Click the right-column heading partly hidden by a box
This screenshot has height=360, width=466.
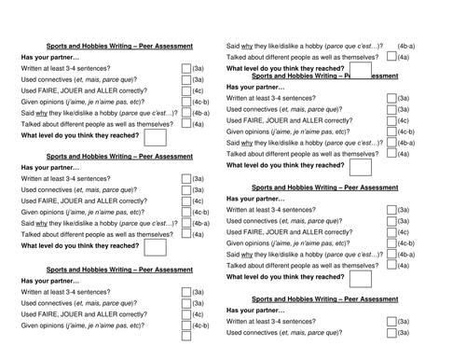(x=320, y=76)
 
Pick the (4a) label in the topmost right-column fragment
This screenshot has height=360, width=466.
(x=403, y=57)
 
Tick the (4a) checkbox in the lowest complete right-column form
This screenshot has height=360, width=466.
(x=387, y=266)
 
